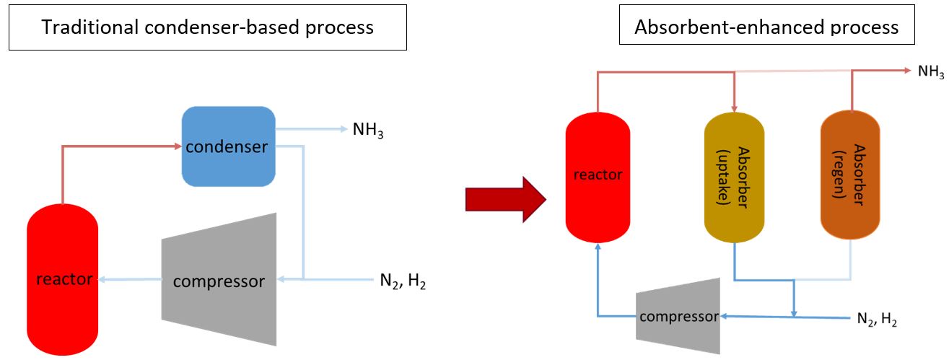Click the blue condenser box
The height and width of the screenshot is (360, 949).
(228, 146)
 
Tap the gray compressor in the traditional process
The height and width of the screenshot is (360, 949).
(219, 279)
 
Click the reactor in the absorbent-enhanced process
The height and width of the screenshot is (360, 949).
(598, 175)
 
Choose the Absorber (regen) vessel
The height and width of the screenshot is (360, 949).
(850, 176)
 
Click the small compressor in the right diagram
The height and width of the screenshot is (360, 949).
(678, 315)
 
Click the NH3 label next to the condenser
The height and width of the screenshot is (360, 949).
(368, 131)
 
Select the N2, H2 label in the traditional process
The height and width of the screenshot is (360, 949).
(403, 281)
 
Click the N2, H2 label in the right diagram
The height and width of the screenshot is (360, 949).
(876, 319)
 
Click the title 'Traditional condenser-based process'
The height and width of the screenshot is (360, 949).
(208, 28)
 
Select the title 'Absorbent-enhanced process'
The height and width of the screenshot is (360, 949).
(766, 27)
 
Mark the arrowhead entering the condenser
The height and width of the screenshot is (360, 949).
(177, 146)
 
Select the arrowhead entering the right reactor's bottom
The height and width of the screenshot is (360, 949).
(598, 247)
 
